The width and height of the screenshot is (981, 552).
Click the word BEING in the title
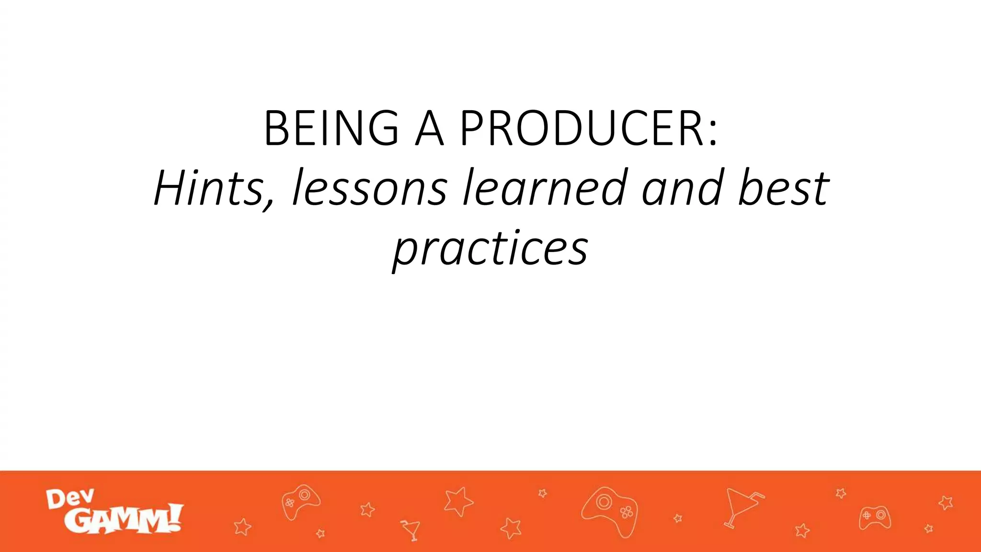pyautogui.click(x=331, y=128)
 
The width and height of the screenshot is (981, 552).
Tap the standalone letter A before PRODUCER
pyautogui.click(x=430, y=128)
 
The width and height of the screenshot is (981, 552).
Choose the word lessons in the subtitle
pyautogui.click(x=369, y=187)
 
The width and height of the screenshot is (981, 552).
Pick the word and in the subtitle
pyautogui.click(x=683, y=187)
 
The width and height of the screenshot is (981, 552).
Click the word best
pyautogui.click(x=784, y=187)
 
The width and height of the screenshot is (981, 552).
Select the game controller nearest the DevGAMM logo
pyautogui.click(x=300, y=501)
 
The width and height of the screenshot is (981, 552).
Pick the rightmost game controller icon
pyautogui.click(x=875, y=517)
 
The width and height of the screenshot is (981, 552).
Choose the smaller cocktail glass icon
pyautogui.click(x=411, y=529)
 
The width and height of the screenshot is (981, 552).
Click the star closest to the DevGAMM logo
pyautogui.click(x=242, y=527)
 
